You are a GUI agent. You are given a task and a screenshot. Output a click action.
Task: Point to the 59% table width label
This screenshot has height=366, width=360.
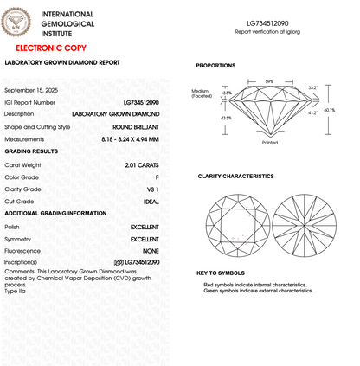(x=269, y=81)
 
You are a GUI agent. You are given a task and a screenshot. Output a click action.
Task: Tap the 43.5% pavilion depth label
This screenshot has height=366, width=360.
(x=226, y=118)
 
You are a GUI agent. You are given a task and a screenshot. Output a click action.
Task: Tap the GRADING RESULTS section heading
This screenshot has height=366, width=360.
(x=31, y=151)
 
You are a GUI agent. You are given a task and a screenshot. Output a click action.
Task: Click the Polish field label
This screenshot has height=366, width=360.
(x=12, y=226)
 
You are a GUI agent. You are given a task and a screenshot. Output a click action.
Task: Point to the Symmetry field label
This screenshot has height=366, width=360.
(x=17, y=238)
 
